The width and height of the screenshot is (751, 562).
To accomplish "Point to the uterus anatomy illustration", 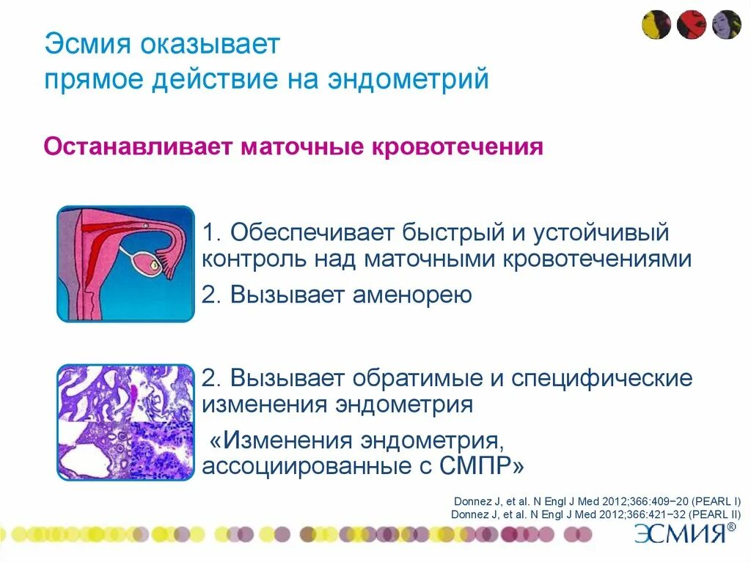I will [126, 264].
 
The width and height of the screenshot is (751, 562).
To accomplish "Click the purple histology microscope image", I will [126, 422].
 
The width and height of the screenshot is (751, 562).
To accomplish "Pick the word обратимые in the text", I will [421, 379].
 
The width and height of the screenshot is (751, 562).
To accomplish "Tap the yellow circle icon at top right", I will [656, 25].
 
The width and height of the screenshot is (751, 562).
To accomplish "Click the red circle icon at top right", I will [692, 25].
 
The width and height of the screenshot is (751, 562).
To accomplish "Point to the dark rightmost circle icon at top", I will [727, 25].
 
